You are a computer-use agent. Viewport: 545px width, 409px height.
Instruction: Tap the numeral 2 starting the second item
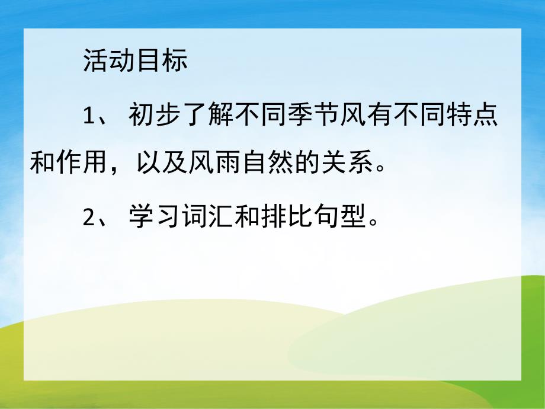89,219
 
